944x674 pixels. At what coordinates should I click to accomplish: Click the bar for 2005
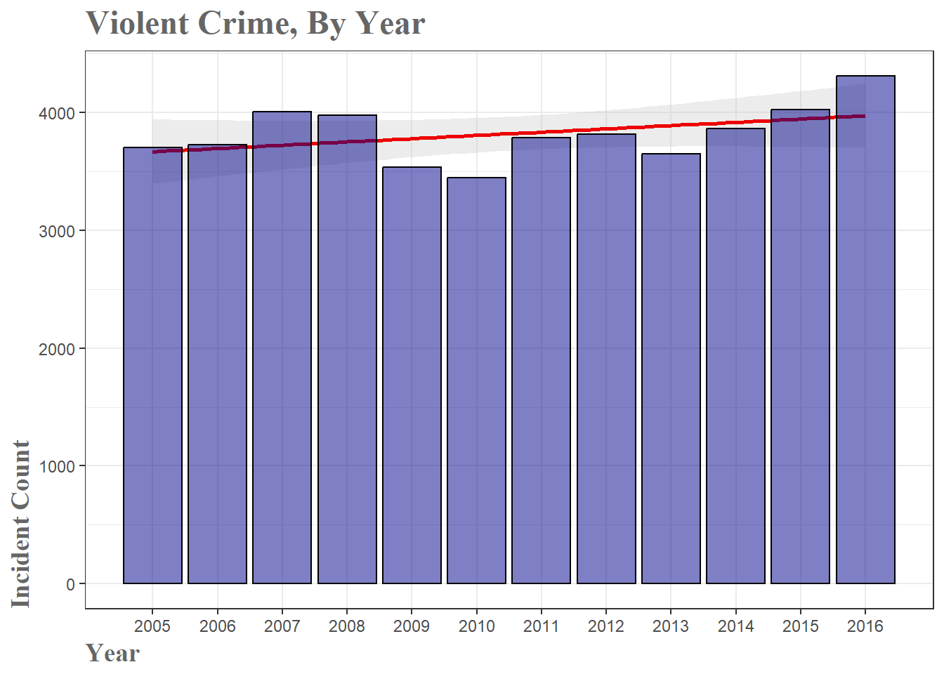[x=152, y=365]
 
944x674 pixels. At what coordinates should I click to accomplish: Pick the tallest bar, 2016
[x=865, y=330]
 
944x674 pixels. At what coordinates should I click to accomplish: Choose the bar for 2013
[x=671, y=369]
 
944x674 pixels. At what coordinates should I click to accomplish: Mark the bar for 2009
[x=412, y=376]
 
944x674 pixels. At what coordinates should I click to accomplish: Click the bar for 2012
[x=606, y=359]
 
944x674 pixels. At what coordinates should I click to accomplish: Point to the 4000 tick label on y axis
[x=57, y=113]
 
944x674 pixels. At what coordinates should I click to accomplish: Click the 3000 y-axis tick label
[x=57, y=231]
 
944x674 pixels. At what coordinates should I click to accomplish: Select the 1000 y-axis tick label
[x=57, y=466]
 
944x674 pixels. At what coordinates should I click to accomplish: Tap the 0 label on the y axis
[x=70, y=584]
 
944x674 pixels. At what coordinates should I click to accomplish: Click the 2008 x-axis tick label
[x=347, y=626]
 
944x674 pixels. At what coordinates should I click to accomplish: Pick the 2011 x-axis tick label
[x=541, y=626]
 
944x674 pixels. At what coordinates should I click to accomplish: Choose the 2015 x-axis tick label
[x=800, y=626]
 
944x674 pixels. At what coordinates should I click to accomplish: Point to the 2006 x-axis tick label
[x=217, y=626]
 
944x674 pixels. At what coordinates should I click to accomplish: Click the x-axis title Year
[x=112, y=653]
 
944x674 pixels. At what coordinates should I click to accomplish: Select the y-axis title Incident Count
[x=21, y=524]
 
